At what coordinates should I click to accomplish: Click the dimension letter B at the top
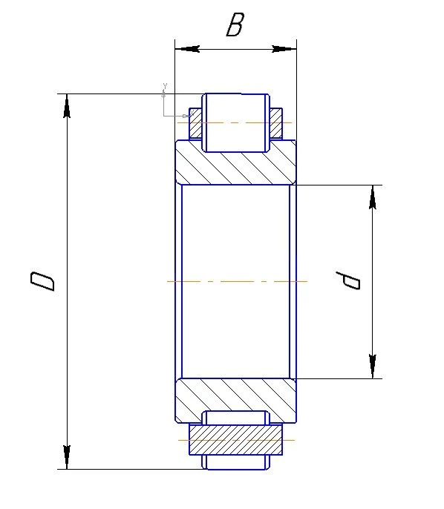[x=235, y=27]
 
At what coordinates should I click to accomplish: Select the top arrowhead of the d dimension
[x=373, y=197]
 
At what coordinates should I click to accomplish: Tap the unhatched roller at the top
[x=235, y=122]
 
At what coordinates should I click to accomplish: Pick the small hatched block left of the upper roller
[x=196, y=125]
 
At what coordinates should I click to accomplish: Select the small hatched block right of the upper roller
[x=275, y=125]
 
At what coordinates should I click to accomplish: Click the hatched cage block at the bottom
[x=235, y=440]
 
